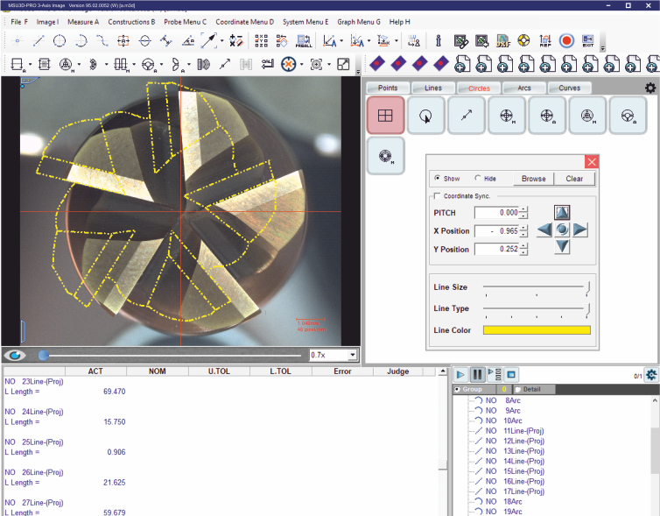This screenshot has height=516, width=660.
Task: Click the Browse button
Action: point(533,178)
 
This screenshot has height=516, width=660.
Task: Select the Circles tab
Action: point(479,88)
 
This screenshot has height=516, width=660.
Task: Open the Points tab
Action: point(388,88)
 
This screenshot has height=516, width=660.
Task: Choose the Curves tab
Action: point(569,88)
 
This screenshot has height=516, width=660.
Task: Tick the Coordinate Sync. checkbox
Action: point(438,196)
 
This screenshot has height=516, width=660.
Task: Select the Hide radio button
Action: point(478,178)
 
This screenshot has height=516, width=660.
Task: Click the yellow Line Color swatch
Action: point(537,330)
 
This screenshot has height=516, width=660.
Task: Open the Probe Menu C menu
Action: point(186,21)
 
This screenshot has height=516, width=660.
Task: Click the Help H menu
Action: point(399,21)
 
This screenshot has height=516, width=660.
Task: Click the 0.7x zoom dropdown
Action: point(334,355)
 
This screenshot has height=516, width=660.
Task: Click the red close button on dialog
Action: point(592,162)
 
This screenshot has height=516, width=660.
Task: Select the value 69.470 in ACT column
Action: point(114,392)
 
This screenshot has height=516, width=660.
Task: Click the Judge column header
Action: point(397,371)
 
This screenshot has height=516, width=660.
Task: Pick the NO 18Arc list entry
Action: point(504,501)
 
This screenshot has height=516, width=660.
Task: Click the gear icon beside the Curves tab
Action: point(649,88)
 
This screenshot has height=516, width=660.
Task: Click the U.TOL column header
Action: point(220,371)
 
